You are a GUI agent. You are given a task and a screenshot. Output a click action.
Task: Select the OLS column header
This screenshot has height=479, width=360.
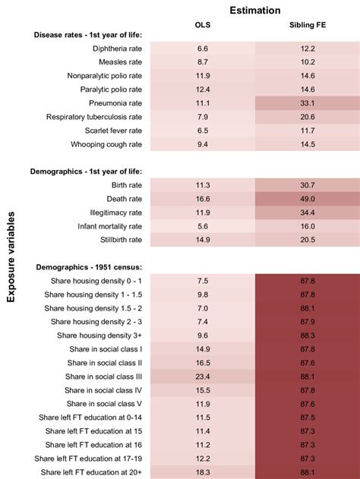[x=203, y=29]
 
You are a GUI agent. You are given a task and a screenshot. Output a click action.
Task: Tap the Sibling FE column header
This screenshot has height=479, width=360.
[x=308, y=29]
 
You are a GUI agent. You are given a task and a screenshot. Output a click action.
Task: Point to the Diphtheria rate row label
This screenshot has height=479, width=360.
[x=111, y=49]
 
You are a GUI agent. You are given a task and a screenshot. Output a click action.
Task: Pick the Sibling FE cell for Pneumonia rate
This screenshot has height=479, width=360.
[x=308, y=103]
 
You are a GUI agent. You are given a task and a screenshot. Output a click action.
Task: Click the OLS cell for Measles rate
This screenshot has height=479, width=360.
[x=203, y=62]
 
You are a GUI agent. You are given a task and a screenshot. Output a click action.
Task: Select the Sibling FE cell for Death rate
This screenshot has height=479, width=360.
[x=308, y=198]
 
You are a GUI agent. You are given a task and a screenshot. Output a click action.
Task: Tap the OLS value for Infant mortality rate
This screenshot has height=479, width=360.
[x=203, y=225]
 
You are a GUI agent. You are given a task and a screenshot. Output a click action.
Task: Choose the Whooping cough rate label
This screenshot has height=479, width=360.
[x=103, y=144]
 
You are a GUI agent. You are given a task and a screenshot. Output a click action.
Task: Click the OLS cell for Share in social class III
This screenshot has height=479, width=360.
[x=203, y=376]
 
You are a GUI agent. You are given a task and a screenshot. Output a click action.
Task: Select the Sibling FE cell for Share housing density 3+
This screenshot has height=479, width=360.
[x=308, y=335]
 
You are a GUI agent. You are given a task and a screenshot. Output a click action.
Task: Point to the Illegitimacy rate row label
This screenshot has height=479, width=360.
[x=114, y=213]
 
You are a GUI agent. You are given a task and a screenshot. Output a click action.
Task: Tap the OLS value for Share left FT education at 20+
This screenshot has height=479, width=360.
[x=203, y=471]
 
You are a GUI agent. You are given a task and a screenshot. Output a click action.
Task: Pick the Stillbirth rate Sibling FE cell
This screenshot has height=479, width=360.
[x=308, y=239]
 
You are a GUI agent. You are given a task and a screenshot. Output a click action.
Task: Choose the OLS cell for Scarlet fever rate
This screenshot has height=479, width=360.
[x=203, y=131]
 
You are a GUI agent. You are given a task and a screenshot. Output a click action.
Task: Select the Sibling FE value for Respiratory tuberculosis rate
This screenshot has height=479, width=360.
[x=308, y=117]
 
